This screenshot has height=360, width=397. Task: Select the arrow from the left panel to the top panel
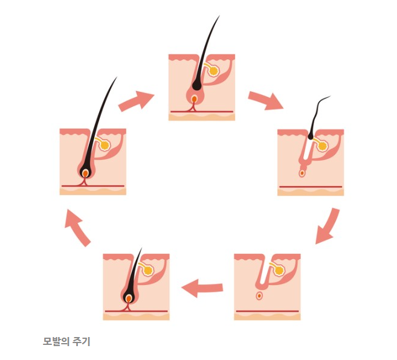136,101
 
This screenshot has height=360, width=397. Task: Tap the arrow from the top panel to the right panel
265,100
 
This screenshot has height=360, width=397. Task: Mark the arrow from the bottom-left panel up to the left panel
77,227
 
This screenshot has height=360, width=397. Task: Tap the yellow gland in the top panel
213,71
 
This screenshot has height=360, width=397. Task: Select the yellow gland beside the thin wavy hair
321,146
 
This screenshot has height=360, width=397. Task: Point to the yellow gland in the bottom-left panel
147,271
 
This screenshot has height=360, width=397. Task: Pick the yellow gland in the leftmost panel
104,146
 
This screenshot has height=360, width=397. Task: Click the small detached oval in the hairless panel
259,296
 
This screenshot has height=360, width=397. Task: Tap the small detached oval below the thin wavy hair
302,174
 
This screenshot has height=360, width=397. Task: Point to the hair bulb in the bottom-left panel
129,296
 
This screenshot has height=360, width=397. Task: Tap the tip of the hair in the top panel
218,18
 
